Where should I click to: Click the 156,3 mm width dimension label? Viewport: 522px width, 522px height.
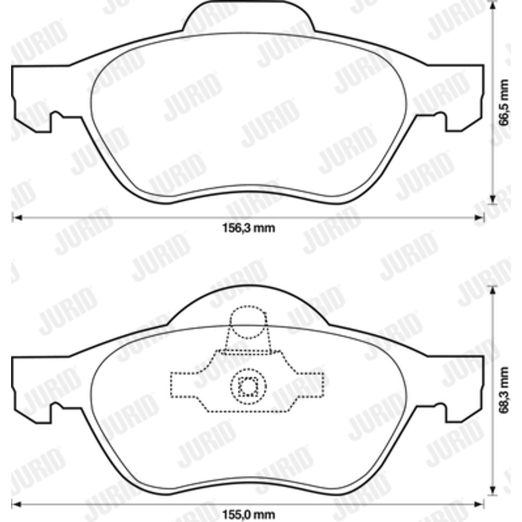click(x=248, y=228)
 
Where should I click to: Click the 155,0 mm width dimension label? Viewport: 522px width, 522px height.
click(x=248, y=515)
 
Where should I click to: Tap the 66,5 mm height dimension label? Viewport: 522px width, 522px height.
click(x=504, y=102)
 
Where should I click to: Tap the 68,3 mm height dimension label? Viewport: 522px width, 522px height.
click(x=504, y=390)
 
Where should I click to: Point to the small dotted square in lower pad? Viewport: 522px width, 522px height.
click(x=248, y=386)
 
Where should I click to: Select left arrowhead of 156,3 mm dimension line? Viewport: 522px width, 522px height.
click(x=16, y=217)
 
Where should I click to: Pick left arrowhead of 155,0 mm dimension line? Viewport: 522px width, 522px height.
click(x=16, y=504)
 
